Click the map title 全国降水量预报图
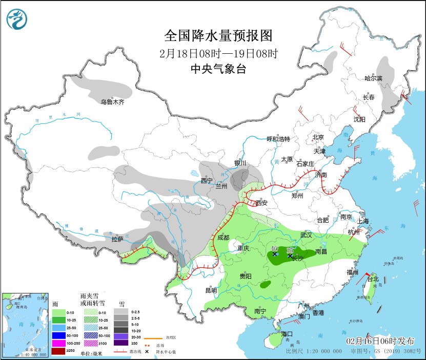tap(218, 35)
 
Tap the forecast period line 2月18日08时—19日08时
tap(218, 53)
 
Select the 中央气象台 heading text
tap(218, 69)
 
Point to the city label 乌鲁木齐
tap(112, 102)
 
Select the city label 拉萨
tap(117, 239)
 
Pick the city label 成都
tap(224, 237)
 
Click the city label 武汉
tap(306, 235)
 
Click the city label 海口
tap(287, 334)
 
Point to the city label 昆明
tap(211, 290)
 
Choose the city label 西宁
tap(207, 180)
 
